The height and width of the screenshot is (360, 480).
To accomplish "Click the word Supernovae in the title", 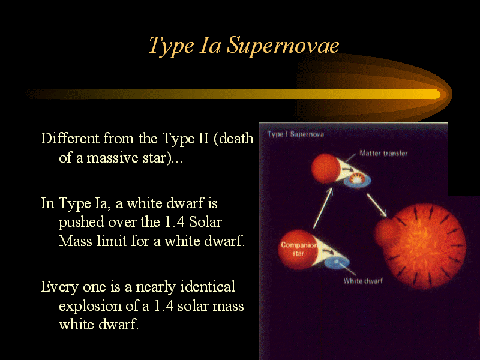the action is pyautogui.click(x=283, y=46).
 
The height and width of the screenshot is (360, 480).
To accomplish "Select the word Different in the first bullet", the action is pyautogui.click(x=70, y=139).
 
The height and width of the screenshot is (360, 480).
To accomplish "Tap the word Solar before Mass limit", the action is pyautogui.click(x=205, y=222).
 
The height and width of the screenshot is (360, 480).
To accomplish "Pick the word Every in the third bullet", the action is pyautogui.click(x=59, y=287).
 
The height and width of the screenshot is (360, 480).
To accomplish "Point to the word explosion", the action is pyautogui.click(x=89, y=307).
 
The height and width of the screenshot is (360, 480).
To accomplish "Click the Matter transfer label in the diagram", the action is pyautogui.click(x=383, y=153).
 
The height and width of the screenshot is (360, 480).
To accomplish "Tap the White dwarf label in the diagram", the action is pyautogui.click(x=363, y=281).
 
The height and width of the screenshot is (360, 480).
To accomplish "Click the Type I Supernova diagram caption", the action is pyautogui.click(x=295, y=134).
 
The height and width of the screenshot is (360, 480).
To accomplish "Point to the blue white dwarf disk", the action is pyautogui.click(x=337, y=262).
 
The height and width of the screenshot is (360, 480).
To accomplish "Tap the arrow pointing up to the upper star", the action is pyautogui.click(x=323, y=208).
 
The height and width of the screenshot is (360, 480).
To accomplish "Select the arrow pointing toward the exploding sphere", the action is pyautogui.click(x=377, y=205).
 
